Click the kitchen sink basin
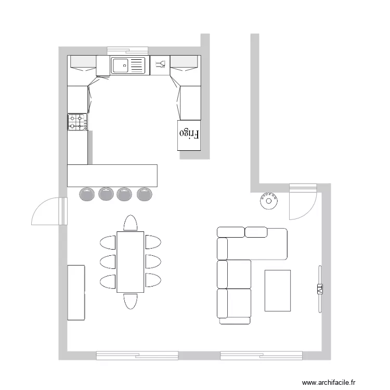[121, 66]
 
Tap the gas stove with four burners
[77, 122]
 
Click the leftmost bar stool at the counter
[87, 194]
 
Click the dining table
[130, 262]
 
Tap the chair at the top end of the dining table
[130, 223]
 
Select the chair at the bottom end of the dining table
[130, 301]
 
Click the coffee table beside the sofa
[277, 290]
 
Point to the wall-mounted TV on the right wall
[320, 288]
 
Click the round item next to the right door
[268, 200]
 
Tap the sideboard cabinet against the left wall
[76, 292]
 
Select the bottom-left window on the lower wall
[137, 356]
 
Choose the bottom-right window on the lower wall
[261, 356]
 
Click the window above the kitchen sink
[128, 50]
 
